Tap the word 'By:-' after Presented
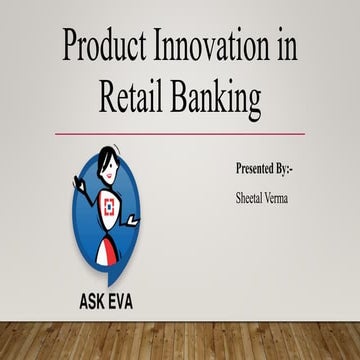click(292, 161)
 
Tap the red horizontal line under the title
click(180, 132)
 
